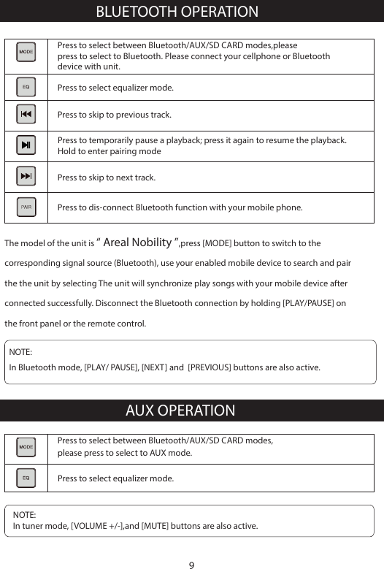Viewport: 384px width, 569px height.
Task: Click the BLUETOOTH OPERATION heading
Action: (177, 12)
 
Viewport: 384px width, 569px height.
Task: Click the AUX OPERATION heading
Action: (180, 410)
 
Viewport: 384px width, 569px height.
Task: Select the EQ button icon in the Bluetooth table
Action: (26, 87)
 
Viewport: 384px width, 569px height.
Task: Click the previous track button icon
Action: (26, 115)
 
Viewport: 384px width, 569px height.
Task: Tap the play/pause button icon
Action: (26, 145)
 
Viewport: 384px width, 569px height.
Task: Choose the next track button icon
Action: (26, 177)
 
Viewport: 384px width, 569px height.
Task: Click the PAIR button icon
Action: (26, 207)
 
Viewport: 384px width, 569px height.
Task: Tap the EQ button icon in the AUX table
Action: (26, 478)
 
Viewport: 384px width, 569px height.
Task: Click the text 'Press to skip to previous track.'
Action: (115, 115)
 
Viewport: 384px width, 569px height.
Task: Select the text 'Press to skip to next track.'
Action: (107, 177)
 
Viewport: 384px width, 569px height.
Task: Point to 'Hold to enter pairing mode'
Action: (110, 152)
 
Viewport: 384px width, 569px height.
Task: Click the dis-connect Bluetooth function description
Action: (180, 207)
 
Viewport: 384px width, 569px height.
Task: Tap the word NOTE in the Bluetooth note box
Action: (20, 353)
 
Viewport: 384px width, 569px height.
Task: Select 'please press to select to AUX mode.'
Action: (125, 454)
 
